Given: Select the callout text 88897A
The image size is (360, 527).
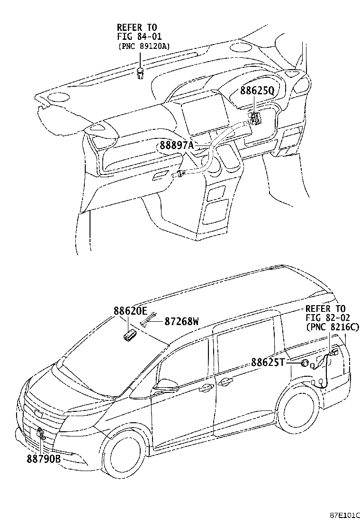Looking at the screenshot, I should (177, 146).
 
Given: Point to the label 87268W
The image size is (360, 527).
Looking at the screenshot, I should (181, 322).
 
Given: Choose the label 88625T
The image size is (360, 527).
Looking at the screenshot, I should (268, 363).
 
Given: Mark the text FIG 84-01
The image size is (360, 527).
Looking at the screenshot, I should (137, 36).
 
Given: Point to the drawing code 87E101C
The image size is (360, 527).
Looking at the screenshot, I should (345, 515).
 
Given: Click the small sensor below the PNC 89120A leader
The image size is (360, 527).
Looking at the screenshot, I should (141, 73).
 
